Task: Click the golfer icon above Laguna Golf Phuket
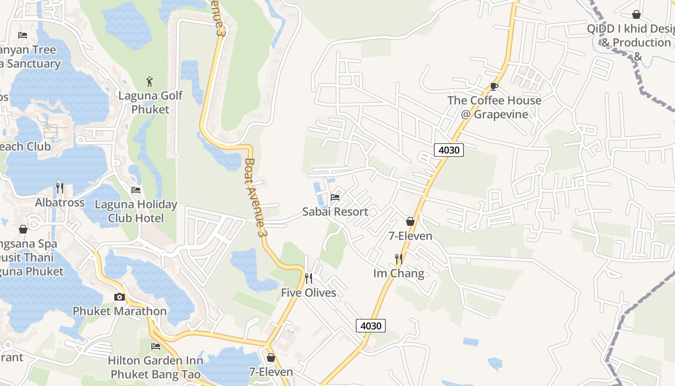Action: click(150, 81)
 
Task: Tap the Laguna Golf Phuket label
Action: click(150, 102)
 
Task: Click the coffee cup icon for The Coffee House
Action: click(494, 86)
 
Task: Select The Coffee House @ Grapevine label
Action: click(494, 107)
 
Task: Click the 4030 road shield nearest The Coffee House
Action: click(448, 150)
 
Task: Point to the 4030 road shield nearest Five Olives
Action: click(371, 326)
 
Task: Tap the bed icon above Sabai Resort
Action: click(335, 197)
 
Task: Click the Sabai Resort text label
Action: click(335, 211)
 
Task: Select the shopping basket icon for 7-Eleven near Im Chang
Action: click(410, 221)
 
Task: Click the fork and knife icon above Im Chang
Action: click(399, 259)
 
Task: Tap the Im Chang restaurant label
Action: click(399, 274)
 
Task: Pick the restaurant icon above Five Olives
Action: click(309, 278)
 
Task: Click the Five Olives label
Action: click(309, 293)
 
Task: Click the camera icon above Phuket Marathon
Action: click(120, 297)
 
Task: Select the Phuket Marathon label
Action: click(120, 311)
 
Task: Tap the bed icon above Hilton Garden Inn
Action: click(155, 346)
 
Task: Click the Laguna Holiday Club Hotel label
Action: click(136, 211)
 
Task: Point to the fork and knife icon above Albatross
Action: click(60, 188)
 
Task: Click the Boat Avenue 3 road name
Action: click(256, 198)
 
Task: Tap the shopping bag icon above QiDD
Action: click(636, 14)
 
